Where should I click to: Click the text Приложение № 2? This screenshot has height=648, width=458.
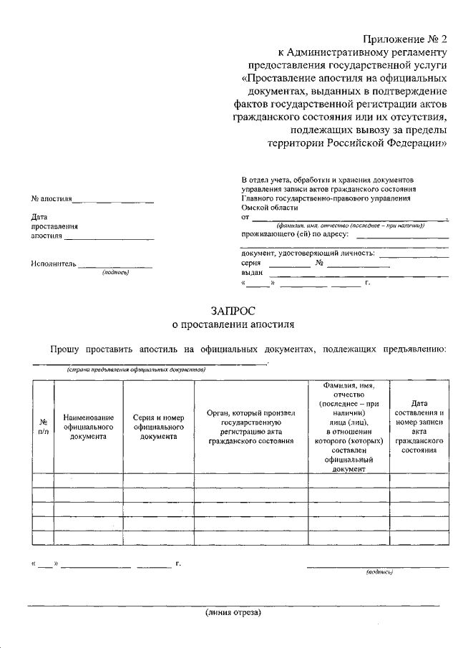(404, 39)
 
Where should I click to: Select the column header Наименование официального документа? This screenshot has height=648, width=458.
(88, 427)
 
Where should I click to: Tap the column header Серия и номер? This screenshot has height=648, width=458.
(159, 427)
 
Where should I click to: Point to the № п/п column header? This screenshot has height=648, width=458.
(43, 427)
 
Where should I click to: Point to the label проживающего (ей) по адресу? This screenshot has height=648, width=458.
(295, 233)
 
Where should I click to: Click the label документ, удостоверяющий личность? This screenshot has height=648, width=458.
(308, 253)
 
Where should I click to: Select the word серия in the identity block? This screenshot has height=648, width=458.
(251, 263)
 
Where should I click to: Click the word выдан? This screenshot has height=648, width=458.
(252, 273)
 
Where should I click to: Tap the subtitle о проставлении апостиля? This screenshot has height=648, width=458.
(233, 324)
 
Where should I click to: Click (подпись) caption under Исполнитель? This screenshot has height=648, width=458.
(114, 273)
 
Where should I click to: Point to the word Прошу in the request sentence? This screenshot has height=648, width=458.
(64, 349)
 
